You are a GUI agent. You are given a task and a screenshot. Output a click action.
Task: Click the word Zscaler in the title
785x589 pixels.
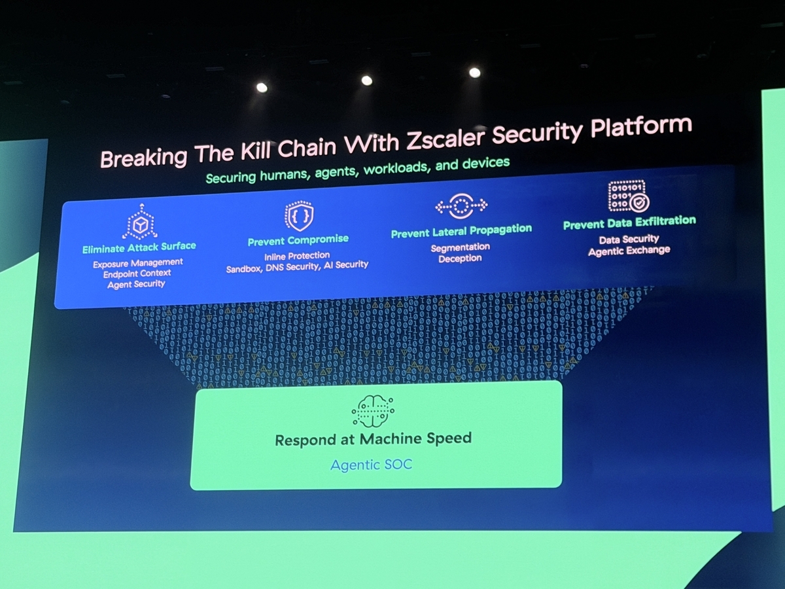click(445, 137)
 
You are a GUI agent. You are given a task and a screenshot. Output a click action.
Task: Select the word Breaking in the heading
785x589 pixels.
click(143, 156)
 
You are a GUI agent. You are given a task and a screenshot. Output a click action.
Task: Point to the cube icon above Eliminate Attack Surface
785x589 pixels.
click(140, 222)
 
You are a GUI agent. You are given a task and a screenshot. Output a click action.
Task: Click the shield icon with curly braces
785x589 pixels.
click(299, 216)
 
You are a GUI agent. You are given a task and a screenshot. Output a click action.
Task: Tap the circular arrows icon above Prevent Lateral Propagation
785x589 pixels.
click(461, 205)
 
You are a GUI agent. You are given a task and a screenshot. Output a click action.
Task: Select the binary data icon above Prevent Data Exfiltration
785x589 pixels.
click(629, 196)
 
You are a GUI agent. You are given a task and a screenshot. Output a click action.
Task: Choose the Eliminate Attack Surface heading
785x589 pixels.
click(139, 247)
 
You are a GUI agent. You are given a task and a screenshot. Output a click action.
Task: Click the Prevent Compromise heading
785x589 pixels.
click(298, 240)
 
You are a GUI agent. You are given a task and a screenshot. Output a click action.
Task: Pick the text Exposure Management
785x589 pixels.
click(138, 264)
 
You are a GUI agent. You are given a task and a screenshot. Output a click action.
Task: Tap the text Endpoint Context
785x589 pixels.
click(137, 274)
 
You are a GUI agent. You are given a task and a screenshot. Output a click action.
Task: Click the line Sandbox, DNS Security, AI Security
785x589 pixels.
click(297, 266)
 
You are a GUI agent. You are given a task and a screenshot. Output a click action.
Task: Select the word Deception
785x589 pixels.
click(461, 259)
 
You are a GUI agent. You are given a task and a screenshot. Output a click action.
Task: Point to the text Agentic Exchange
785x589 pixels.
click(629, 251)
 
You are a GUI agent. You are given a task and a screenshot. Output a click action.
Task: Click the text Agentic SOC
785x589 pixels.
click(372, 465)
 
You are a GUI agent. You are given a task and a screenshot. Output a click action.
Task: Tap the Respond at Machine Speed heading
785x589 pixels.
click(374, 439)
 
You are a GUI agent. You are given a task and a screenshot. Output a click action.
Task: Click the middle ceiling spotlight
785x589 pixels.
click(366, 80)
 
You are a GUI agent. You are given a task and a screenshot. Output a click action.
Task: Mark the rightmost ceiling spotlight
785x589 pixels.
click(474, 73)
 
